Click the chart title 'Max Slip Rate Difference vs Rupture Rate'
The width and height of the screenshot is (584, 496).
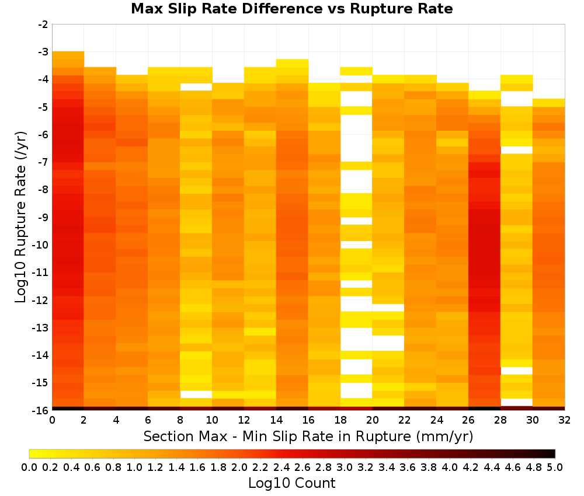(291, 9)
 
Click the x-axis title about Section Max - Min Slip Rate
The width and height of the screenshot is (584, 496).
(308, 436)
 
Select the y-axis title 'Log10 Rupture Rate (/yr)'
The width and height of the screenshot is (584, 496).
(20, 217)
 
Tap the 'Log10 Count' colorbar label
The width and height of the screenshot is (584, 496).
(291, 483)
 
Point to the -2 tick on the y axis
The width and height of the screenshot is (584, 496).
(43, 25)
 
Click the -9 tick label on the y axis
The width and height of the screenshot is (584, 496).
(43, 217)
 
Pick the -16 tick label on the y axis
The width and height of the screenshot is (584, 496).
(41, 410)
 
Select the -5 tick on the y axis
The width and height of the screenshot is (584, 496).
(43, 107)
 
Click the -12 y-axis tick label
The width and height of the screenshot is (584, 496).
(41, 299)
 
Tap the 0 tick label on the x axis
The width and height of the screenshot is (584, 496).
(52, 420)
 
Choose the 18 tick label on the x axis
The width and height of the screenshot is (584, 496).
(340, 420)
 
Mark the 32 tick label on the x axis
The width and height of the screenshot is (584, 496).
(565, 420)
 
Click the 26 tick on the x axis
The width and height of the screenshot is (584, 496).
(468, 420)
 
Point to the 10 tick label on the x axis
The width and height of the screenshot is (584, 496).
(213, 420)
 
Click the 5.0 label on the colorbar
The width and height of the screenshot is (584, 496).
(555, 467)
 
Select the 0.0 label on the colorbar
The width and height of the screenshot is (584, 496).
(29, 467)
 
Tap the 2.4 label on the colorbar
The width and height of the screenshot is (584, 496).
(281, 467)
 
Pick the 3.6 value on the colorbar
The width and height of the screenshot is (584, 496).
(408, 467)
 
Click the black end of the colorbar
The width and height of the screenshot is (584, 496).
(554, 453)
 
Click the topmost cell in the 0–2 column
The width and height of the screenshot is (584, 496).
(68, 55)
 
